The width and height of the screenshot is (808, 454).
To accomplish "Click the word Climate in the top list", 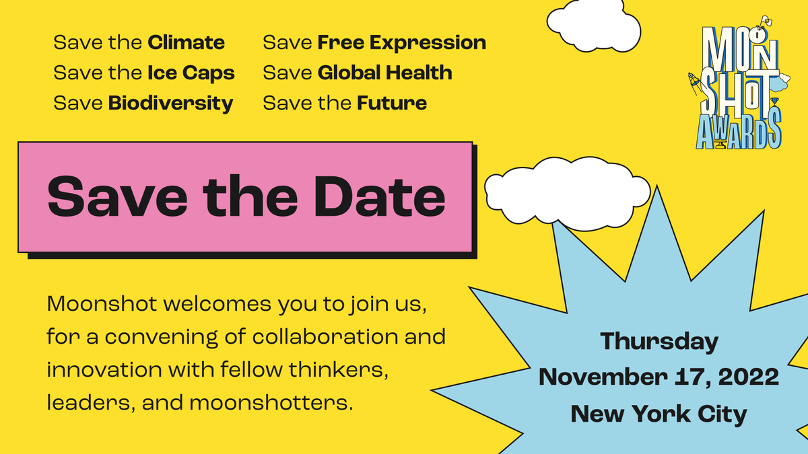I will click(186, 43).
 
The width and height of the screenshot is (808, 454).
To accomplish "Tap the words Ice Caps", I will click(191, 73).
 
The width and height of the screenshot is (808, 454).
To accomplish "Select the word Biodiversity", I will click(170, 104).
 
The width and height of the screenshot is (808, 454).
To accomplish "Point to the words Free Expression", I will click(401, 43).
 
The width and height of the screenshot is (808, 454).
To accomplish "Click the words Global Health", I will click(384, 73).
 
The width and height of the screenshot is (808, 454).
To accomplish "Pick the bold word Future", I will click(392, 104).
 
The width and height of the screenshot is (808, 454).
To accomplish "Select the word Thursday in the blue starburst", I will click(659, 342).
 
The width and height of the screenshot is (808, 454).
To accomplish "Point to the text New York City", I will click(659, 414).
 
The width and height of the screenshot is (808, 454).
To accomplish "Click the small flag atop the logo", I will click(764, 22).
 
